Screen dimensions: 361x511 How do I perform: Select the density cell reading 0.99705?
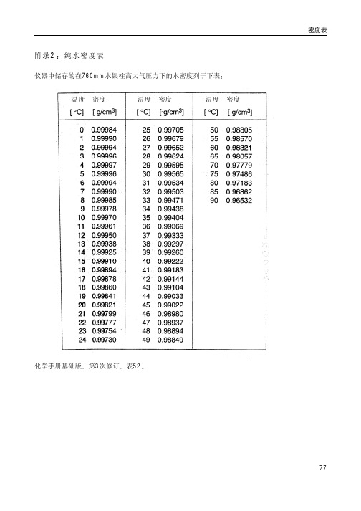(171, 129)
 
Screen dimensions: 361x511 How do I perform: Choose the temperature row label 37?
(147, 234)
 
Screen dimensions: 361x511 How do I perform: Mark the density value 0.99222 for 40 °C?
(171, 261)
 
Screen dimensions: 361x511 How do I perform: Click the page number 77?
(322, 467)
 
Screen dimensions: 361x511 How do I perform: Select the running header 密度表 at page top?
(317, 31)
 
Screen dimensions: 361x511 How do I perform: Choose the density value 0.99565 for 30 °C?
(171, 173)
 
